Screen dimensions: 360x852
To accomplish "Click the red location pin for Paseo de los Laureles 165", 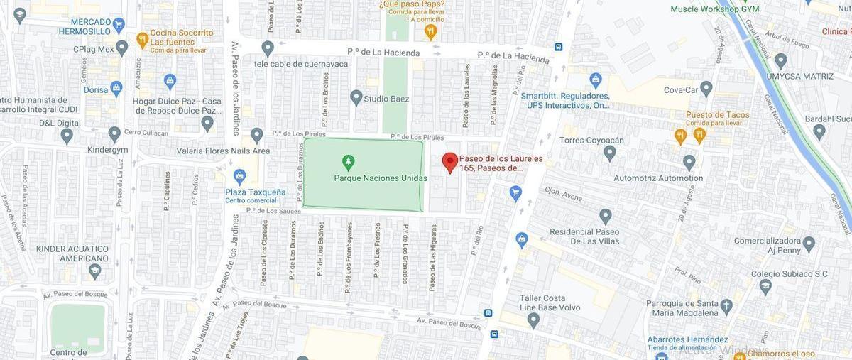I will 450,162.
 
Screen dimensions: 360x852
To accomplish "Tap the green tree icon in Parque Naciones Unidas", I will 348,162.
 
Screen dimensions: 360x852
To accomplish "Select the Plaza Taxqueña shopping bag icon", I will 239,176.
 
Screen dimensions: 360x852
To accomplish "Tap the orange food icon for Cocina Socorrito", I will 142,39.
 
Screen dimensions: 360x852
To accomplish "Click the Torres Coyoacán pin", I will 609,153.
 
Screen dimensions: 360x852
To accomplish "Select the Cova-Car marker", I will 706,88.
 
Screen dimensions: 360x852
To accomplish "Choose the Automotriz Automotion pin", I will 689,162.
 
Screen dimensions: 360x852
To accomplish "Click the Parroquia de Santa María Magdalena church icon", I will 726,306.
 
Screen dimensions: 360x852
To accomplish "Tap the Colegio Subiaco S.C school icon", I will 765,286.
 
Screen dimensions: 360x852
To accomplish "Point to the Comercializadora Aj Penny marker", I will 808,245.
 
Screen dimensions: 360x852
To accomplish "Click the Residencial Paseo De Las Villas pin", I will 605,216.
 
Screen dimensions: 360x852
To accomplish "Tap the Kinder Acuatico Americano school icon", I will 94,271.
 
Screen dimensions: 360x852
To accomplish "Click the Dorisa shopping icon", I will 116,88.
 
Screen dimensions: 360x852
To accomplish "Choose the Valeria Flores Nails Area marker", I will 256,135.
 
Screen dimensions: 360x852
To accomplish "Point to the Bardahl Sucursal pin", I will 819,131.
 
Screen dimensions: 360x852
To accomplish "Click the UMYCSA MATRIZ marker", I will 780,60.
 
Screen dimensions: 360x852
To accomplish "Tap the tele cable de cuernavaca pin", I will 267,48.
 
